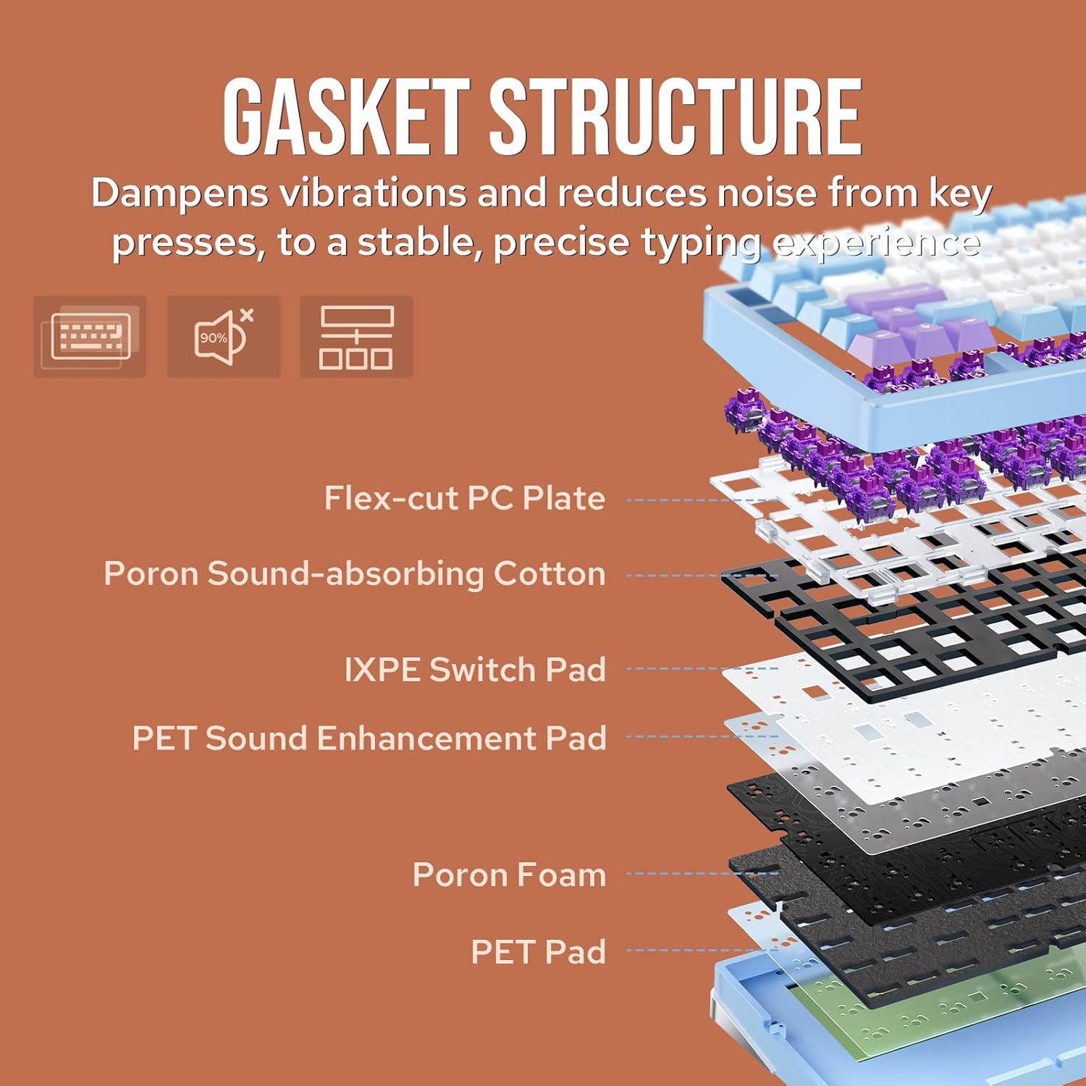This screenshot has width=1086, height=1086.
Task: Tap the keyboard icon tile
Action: [x=90, y=336]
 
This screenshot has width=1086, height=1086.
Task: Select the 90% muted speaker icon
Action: [x=223, y=336]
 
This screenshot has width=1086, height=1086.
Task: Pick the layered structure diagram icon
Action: [x=356, y=336]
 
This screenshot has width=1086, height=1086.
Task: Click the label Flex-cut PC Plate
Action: [x=464, y=498]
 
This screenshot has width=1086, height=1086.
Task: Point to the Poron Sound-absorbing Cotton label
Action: [x=354, y=573]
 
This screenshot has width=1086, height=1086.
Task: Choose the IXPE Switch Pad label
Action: [x=474, y=669]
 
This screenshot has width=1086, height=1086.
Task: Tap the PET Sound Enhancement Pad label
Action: [x=369, y=738]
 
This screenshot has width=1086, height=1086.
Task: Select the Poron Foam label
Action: [x=508, y=875]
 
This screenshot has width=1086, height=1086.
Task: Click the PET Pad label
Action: [x=538, y=951]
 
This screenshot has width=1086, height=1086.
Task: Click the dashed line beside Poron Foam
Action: [x=699, y=874]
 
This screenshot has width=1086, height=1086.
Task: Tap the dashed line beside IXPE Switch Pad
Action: [x=699, y=668]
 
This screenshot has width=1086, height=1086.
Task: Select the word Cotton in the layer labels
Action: [x=549, y=573]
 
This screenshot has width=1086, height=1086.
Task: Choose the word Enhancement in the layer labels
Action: [x=426, y=738]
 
